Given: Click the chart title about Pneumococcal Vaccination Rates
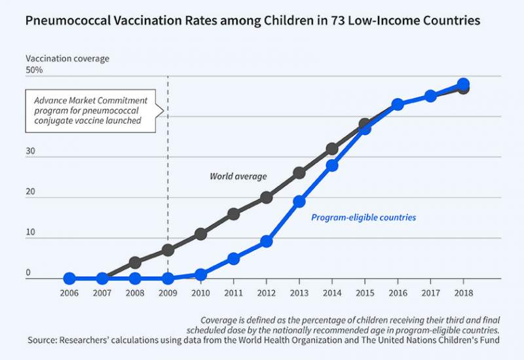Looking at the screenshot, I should point(252,20).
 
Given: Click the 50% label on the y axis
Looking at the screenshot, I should point(35,70).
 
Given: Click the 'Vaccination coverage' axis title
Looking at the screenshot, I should point(67,58).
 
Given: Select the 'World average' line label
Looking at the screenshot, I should point(238,176).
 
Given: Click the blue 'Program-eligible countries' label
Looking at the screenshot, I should point(363,217).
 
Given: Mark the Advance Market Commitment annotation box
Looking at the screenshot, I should point(91,111).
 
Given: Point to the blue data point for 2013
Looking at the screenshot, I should point(299,202).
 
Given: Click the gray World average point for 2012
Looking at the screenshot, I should point(267,198).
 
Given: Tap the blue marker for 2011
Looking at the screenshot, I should point(234,259).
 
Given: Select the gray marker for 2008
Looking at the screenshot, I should point(135,262).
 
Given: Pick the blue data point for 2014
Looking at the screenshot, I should point(332,166).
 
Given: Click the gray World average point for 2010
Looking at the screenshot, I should point(201,234).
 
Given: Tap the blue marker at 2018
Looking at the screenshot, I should point(463,84).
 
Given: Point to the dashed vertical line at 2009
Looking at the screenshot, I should point(168,196).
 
